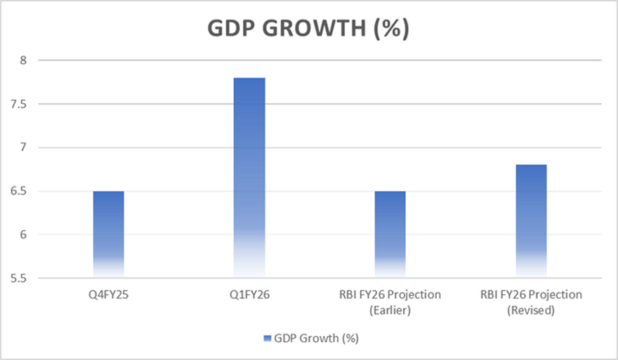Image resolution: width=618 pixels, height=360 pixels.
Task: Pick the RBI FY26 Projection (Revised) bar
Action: pyautogui.click(x=531, y=221)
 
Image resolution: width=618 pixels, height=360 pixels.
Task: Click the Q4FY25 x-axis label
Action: pyautogui.click(x=108, y=295)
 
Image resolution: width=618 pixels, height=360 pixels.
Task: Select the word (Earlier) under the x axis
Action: pyautogui.click(x=390, y=309)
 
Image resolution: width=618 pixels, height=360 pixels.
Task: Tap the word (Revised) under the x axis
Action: pyautogui.click(x=531, y=309)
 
